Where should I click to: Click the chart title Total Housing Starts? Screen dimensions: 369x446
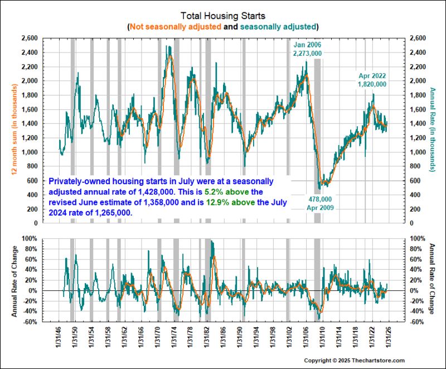tap(222, 16)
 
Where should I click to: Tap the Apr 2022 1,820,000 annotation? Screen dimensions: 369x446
tap(372, 80)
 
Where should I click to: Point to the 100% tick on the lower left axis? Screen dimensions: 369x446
tap(28, 238)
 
